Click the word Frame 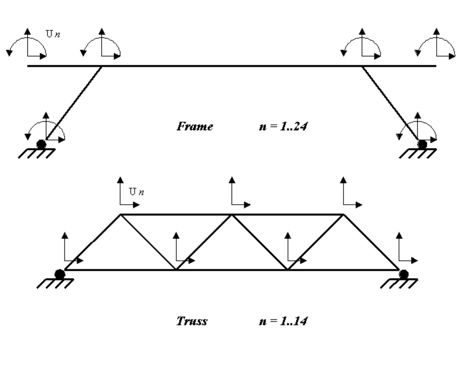pos(195,126)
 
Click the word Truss pos(192,321)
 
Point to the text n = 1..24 pos(283,126)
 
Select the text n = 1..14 pos(283,321)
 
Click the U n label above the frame pos(53,34)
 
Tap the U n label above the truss pos(136,192)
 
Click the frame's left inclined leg pos(74,103)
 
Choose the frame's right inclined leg pos(390,103)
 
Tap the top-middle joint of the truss pos(232,215)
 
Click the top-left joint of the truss pos(121,215)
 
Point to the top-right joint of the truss pos(343,215)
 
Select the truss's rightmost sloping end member pos(371,242)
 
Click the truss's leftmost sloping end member pos(92,242)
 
